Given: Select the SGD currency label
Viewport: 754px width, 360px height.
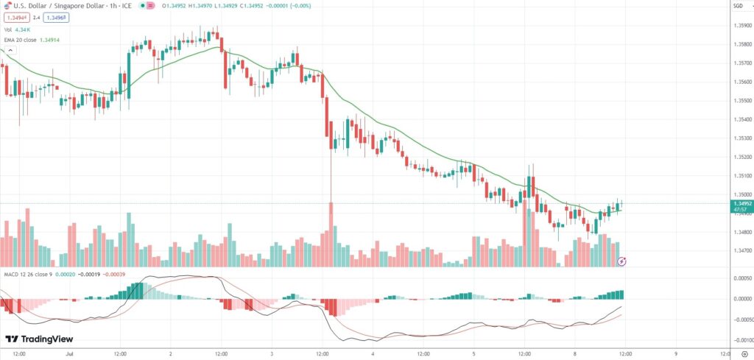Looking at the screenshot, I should tap(738, 6).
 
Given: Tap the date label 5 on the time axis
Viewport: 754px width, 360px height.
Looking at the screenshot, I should tap(474, 353).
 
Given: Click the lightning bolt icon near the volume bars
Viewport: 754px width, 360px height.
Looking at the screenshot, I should tap(622, 261).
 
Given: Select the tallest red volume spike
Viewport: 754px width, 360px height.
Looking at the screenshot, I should tap(331, 221).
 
